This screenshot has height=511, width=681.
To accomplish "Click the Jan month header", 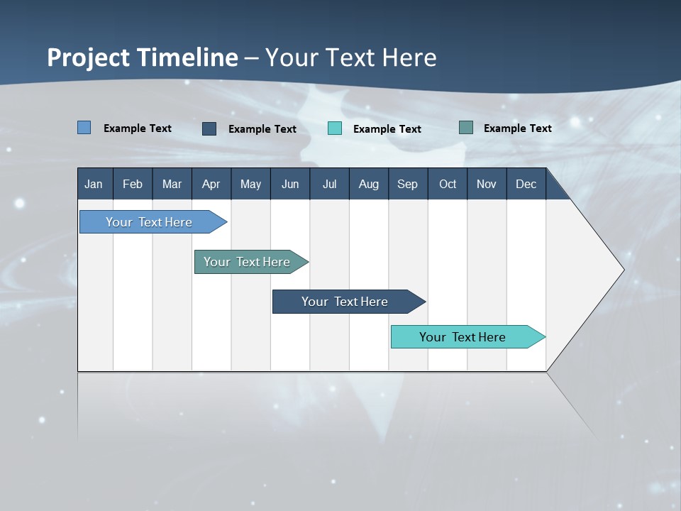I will [94, 184].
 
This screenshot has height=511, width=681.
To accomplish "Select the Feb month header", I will [133, 184].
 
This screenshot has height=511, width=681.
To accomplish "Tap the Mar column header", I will [172, 184].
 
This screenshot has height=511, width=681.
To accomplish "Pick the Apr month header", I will [211, 184].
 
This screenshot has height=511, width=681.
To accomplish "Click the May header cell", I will [250, 184].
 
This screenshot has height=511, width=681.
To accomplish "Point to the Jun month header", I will [290, 184].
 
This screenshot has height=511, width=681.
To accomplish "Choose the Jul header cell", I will [329, 184].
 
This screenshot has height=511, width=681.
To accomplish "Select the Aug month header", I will [369, 184].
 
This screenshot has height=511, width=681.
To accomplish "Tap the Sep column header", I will [408, 184].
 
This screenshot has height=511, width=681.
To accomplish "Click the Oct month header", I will [448, 184].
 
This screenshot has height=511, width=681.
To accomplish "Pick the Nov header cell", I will [487, 184].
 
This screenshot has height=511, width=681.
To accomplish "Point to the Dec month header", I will [526, 184].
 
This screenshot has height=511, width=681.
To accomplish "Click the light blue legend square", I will [84, 128].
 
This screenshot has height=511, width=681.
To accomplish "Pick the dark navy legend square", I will [209, 128].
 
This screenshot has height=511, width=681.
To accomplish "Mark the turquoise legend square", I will [335, 128].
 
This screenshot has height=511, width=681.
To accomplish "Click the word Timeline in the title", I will [191, 57].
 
